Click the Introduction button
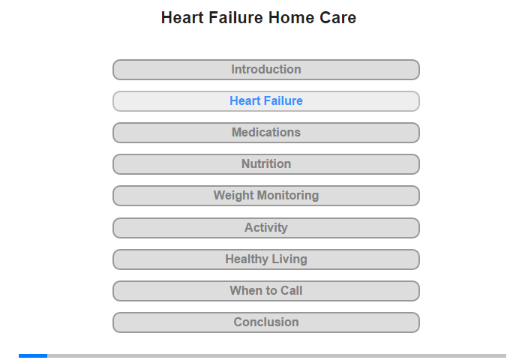tap(266, 70)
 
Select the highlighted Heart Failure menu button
tap(266, 101)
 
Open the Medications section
tap(266, 133)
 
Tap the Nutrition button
tap(266, 164)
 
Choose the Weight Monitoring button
tap(266, 196)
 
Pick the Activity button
tap(266, 228)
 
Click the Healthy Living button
tap(266, 259)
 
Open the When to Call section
tap(266, 291)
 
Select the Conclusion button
tap(266, 322)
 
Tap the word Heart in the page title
tap(182, 18)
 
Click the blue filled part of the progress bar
tap(33, 355)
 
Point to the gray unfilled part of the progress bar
tap(277, 355)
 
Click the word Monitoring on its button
tap(288, 195)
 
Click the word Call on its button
tap(291, 290)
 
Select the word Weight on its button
tap(234, 195)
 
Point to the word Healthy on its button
tap(247, 259)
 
